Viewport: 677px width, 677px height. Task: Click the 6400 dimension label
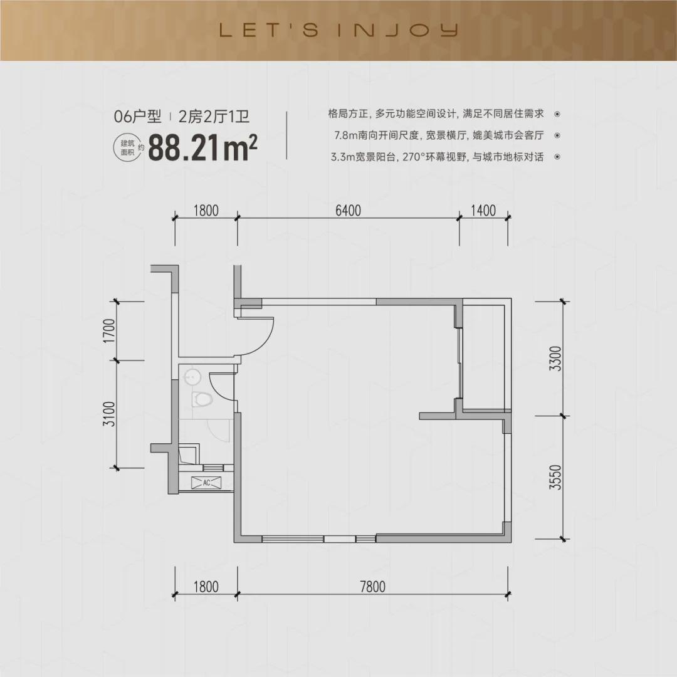pos(348,210)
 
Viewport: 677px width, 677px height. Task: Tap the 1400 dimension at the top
pos(483,210)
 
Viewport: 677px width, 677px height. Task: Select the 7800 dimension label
pos(372,587)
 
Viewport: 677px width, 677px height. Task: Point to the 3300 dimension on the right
pos(555,359)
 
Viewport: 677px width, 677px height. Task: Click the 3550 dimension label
pos(555,477)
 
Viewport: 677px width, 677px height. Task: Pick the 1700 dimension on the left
pos(110,331)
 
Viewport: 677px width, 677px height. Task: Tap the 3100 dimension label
pos(110,414)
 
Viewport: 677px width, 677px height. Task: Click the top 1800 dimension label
pos(206,210)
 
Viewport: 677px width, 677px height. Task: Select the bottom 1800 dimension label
pos(206,587)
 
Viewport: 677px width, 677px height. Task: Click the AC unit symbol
pos(206,483)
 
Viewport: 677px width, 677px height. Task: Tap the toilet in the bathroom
pos(202,399)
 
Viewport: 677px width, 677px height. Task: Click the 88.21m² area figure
pos(202,148)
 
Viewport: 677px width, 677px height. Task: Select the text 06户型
pos(137,117)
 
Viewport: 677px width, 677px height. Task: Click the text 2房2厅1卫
pos(214,117)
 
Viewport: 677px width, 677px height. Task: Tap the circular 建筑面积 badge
pos(127,148)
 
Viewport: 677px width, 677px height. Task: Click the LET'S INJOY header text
pos(338,30)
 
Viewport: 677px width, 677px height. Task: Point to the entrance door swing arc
pos(267,341)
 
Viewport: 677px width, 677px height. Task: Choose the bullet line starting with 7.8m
pos(439,135)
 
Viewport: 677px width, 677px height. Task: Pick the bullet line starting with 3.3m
pos(437,157)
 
